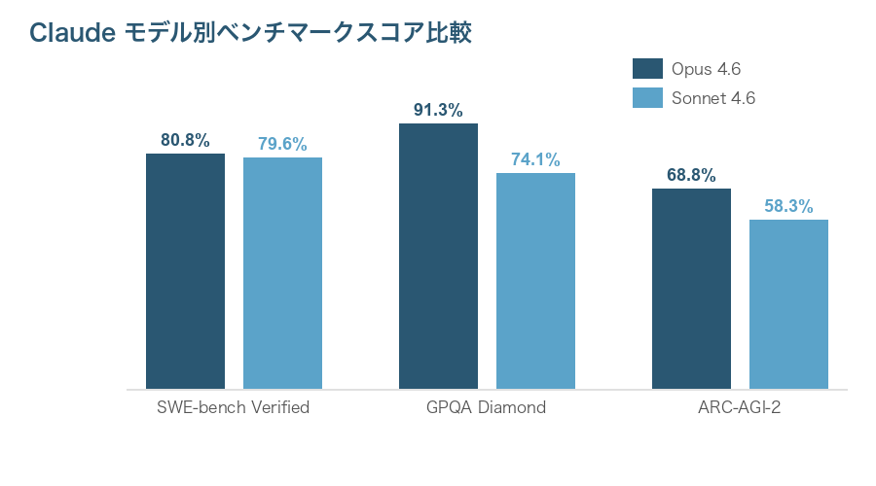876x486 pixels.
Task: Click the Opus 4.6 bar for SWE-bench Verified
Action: click(x=185, y=271)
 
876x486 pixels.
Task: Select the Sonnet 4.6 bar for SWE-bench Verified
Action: click(x=282, y=273)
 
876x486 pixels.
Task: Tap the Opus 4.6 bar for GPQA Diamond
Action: click(x=438, y=257)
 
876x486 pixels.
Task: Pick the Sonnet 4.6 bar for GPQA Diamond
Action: click(x=535, y=281)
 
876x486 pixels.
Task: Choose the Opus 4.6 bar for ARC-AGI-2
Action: click(x=691, y=289)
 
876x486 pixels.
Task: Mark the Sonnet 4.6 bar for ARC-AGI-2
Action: click(x=788, y=304)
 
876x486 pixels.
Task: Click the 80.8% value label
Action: click(x=185, y=140)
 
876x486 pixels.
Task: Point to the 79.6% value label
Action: click(x=282, y=144)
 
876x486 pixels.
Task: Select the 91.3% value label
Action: click(x=438, y=110)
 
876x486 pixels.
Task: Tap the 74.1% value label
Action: click(x=535, y=159)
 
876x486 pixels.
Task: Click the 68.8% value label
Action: click(x=691, y=175)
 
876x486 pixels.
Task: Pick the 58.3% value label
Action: click(x=788, y=206)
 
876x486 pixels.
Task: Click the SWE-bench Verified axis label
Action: click(x=234, y=407)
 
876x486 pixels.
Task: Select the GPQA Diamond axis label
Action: click(x=487, y=407)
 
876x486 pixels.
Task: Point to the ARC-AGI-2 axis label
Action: click(x=740, y=407)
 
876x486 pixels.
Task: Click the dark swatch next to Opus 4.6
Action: click(x=647, y=68)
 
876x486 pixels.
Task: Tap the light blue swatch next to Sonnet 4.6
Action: click(x=647, y=97)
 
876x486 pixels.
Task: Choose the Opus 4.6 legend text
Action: click(x=707, y=68)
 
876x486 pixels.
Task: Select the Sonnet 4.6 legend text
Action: click(x=713, y=97)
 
